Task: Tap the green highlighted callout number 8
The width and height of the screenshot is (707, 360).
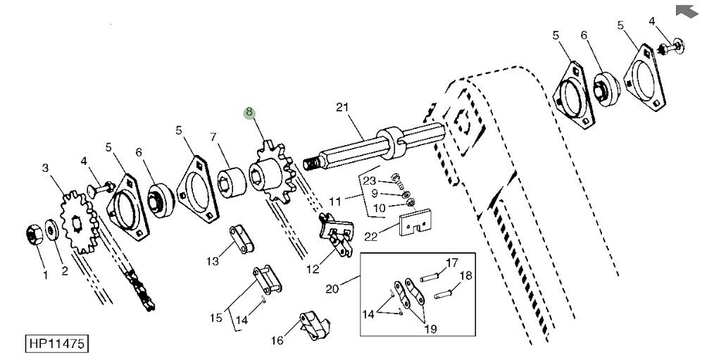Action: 249,113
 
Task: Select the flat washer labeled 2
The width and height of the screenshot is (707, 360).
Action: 52,231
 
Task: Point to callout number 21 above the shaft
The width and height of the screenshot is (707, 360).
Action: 342,107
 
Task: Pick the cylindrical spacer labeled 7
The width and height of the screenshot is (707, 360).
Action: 232,183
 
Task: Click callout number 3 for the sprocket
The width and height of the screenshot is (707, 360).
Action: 45,168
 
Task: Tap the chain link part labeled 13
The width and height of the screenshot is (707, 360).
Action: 242,240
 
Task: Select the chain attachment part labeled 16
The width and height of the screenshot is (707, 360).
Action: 315,325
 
